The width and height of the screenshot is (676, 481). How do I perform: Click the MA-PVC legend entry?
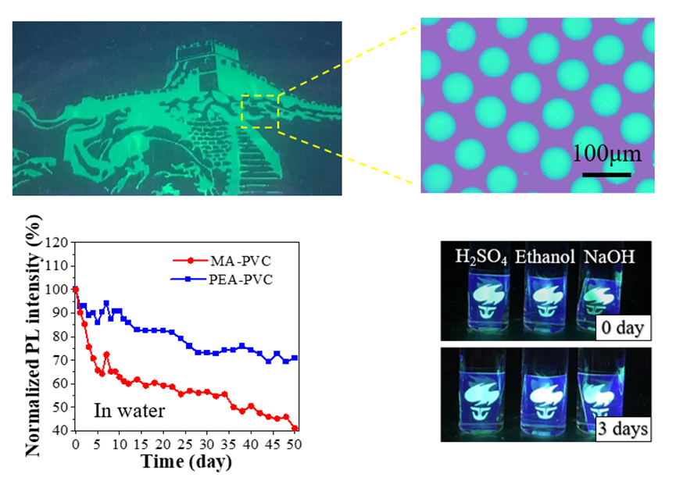[x=222, y=261]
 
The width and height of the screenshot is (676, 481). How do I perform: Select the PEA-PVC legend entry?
[x=222, y=280]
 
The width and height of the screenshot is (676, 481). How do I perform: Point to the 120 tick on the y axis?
[x=56, y=242]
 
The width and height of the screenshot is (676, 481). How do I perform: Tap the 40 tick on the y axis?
[x=60, y=430]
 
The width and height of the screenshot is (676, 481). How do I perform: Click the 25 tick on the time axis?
[x=185, y=444]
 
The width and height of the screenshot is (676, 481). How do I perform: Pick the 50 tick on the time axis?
[x=295, y=444]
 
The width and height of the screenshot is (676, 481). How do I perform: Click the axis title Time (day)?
[x=186, y=461]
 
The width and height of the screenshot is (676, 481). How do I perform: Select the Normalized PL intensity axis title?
[x=34, y=336]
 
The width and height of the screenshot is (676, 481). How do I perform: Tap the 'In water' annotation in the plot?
[x=129, y=411]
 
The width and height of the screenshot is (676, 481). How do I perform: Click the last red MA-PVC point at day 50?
[x=295, y=429]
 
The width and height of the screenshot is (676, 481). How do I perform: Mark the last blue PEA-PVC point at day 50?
[x=295, y=358]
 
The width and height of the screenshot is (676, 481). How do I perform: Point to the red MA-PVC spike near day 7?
[x=106, y=355]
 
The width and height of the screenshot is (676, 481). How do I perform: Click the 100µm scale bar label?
[x=606, y=154]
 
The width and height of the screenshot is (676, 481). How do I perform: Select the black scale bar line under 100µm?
[x=606, y=175]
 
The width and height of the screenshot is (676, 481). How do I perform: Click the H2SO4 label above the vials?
[x=481, y=258]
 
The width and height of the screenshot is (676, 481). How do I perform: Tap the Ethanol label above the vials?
[x=545, y=257]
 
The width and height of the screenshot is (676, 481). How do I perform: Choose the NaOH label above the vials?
[x=609, y=257]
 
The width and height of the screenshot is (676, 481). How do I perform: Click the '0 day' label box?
[x=623, y=328]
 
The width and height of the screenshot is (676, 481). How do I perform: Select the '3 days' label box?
[x=623, y=429]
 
